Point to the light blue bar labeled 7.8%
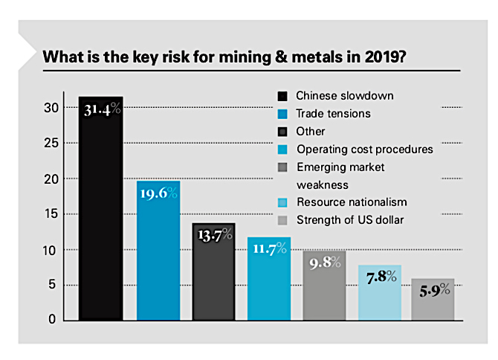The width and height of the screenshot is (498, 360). click(x=380, y=293)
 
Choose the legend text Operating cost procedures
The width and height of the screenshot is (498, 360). click(x=363, y=149)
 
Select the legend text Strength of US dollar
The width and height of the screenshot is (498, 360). click(x=349, y=219)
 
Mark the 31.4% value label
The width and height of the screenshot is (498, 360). click(x=100, y=112)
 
